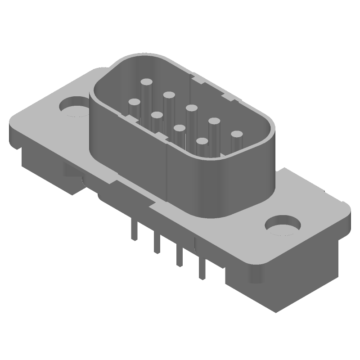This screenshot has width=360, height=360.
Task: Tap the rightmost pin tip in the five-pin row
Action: (236, 134)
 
